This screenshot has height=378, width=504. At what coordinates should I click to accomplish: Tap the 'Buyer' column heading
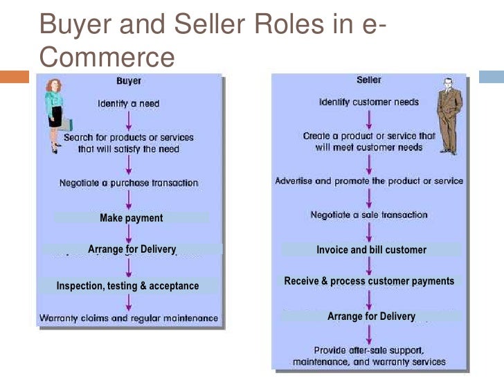click(x=128, y=82)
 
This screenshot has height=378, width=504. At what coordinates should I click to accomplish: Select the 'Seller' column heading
click(x=369, y=80)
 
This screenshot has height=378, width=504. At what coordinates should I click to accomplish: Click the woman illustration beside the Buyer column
click(x=55, y=115)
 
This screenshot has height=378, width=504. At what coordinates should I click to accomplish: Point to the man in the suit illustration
click(x=448, y=117)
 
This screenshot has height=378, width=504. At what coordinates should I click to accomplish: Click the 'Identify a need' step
click(x=128, y=104)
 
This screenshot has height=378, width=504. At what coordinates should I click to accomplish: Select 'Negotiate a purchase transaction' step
click(x=128, y=183)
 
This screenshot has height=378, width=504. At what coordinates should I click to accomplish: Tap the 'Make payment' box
click(x=131, y=218)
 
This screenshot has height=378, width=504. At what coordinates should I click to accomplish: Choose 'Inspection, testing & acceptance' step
click(x=127, y=286)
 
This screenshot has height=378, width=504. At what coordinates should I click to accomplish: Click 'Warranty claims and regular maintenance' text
click(x=128, y=319)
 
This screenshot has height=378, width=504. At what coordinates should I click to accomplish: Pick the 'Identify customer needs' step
click(x=368, y=102)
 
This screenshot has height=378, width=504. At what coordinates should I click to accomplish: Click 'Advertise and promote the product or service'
click(x=369, y=181)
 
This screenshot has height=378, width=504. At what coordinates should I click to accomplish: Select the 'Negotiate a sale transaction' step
click(x=369, y=215)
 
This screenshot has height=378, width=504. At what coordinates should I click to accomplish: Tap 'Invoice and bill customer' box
click(x=371, y=250)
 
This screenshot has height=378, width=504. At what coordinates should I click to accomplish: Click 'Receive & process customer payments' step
click(x=369, y=281)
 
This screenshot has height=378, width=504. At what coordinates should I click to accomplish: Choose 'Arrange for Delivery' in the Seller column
click(x=371, y=316)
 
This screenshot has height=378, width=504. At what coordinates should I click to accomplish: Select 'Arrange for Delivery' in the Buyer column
click(x=132, y=249)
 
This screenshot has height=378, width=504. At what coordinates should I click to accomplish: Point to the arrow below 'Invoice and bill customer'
click(x=369, y=265)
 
